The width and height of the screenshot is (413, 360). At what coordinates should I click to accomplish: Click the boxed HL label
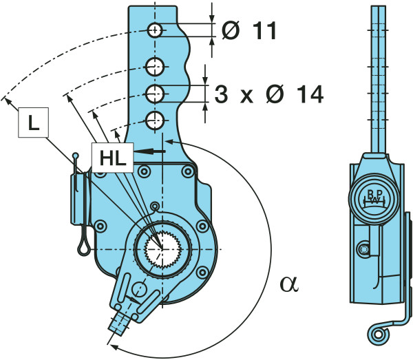[x=109, y=158]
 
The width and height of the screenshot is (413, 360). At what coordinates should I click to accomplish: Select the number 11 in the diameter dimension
[x=261, y=31]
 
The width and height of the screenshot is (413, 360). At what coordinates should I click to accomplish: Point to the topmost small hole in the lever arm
[x=155, y=30]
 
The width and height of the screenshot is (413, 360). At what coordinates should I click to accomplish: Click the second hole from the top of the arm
[x=156, y=67]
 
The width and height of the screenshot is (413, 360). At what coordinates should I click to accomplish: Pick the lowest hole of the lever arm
[x=156, y=118]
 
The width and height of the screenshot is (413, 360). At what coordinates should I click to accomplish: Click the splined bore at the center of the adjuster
[x=162, y=247]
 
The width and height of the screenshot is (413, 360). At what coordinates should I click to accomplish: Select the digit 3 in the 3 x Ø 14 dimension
[x=221, y=95]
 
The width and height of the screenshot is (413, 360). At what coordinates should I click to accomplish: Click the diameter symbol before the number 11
[x=230, y=31]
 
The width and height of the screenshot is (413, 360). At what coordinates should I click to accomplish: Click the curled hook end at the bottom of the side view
[x=377, y=334]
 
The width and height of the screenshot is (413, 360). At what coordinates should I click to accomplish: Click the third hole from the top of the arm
[x=156, y=93]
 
